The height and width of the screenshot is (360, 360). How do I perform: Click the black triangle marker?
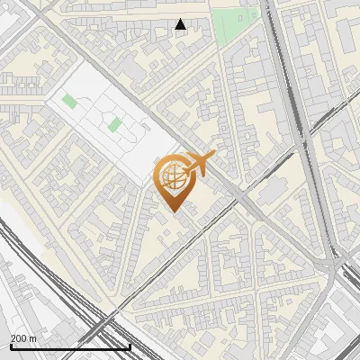click(181, 24)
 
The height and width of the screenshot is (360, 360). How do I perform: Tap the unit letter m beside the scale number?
click(33, 338)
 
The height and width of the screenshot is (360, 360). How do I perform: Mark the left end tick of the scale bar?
click(10, 346)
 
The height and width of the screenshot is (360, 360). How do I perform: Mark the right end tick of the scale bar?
click(130, 346)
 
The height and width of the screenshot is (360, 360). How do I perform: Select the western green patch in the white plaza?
click(69, 101)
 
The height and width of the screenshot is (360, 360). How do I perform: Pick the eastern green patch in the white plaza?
click(114, 124)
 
